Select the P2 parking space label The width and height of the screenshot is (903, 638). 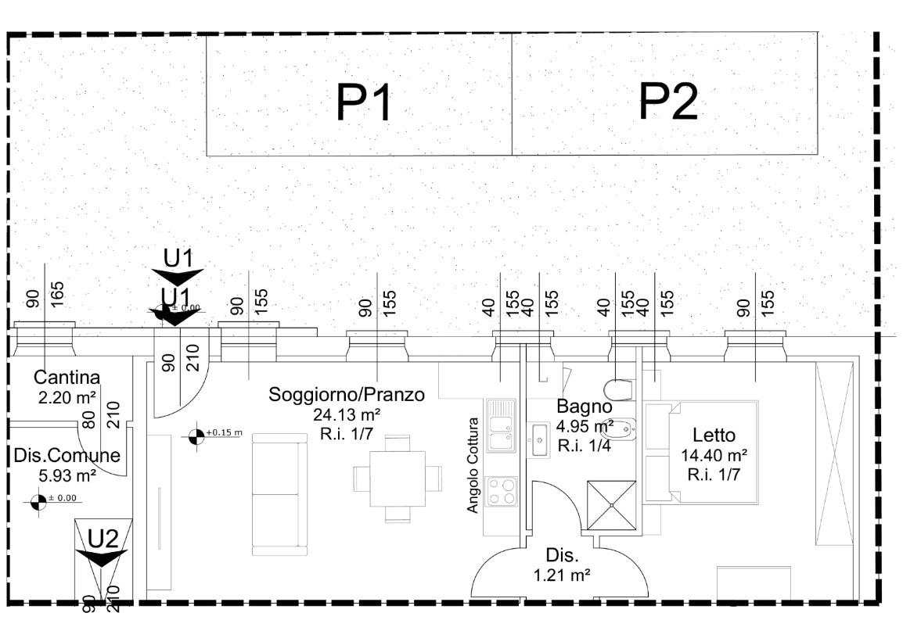[x=667, y=102]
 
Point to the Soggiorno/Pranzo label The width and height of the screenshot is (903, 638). [x=347, y=395]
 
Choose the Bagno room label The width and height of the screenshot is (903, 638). [x=584, y=407]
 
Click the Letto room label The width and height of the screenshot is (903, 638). [x=714, y=435]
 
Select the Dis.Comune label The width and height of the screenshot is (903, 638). [x=67, y=456]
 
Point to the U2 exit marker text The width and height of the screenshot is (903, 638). [x=103, y=538]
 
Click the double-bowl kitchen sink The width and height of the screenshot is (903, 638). [x=501, y=425]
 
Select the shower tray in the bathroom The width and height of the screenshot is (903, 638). [x=613, y=505]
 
